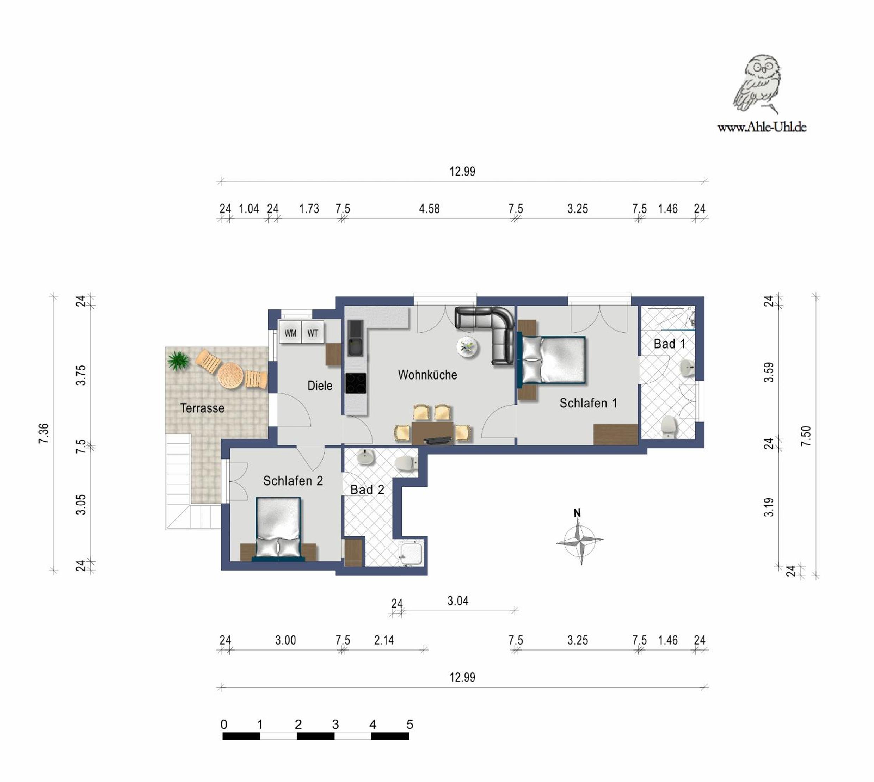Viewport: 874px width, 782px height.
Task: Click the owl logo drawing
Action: [x=757, y=84]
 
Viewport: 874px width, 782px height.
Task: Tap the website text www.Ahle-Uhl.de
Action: [x=762, y=127]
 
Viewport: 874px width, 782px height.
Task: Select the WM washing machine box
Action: [x=290, y=333]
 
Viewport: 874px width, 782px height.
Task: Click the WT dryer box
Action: [x=313, y=333]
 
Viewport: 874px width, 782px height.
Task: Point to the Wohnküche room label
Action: [x=427, y=375]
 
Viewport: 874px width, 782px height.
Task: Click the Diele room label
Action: [x=320, y=386]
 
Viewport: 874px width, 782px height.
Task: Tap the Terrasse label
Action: [x=202, y=408]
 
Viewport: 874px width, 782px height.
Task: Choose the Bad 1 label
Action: [x=669, y=344]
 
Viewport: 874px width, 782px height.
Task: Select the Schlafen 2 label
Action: [x=293, y=481]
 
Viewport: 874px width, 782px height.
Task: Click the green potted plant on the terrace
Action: [x=178, y=361]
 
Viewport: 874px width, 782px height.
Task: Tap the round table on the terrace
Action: [x=230, y=376]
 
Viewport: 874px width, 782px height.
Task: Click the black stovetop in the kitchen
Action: [x=356, y=383]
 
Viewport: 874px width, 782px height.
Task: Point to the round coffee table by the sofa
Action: [x=468, y=347]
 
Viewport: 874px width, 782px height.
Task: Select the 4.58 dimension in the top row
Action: [x=429, y=209]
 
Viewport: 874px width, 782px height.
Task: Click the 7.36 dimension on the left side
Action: [x=44, y=433]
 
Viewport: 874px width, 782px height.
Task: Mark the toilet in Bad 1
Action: [x=669, y=426]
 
